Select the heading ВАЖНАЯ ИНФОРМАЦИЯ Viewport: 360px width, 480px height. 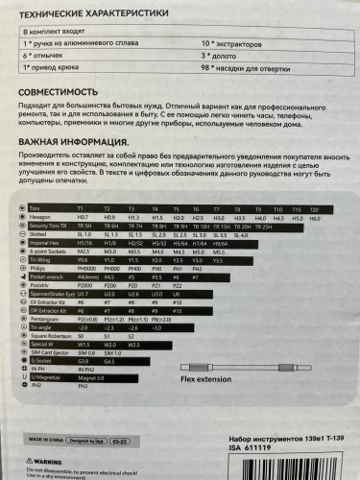click(76, 141)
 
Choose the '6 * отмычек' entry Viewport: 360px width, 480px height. click(45, 58)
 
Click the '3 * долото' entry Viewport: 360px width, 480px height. click(222, 58)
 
